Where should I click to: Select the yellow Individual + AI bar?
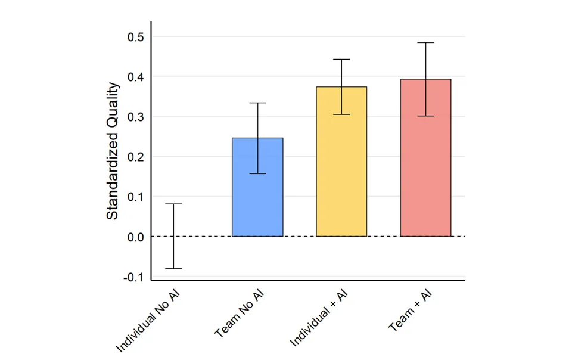(341, 167)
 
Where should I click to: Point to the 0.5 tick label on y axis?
(136, 37)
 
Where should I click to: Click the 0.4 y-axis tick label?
(136, 77)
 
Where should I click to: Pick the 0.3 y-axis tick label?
(136, 117)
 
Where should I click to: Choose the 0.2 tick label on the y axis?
(136, 157)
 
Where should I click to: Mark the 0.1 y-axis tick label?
(136, 197)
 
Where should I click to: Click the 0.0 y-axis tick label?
(136, 237)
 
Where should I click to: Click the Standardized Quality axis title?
(113, 151)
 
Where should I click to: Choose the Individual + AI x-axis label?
(318, 318)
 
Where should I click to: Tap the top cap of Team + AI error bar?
(425, 42)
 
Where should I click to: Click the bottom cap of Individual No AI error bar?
(173, 269)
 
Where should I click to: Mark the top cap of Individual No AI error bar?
(173, 204)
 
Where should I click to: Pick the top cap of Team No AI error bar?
(257, 103)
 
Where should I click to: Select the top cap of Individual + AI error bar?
(341, 60)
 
